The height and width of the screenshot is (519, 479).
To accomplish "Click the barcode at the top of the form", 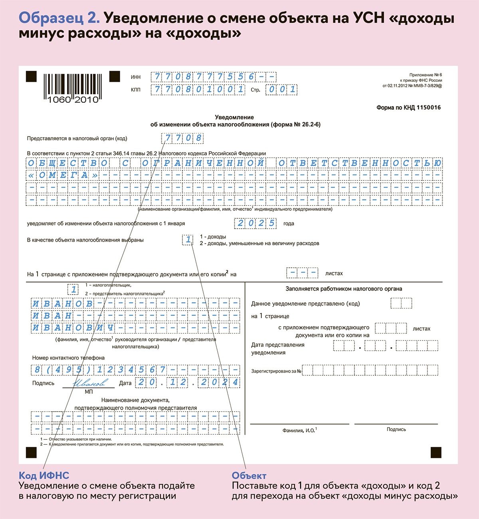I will pyautogui.click(x=72, y=88).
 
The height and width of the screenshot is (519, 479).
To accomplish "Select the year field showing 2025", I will pyautogui.click(x=255, y=223).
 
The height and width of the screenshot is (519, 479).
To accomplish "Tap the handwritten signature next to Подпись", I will pyautogui.click(x=90, y=382).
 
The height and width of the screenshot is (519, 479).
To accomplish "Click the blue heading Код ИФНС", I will pyautogui.click(x=44, y=475).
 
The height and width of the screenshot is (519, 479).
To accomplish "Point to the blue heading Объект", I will pyautogui.click(x=249, y=475).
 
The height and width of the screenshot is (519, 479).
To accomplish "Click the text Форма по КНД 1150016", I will pyautogui.click(x=408, y=107).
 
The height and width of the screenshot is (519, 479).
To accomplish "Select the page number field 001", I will pyautogui.click(x=282, y=89).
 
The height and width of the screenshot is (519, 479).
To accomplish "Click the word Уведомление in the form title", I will pyautogui.click(x=234, y=117).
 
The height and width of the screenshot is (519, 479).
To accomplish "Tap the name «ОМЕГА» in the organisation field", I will pyautogui.click(x=63, y=175).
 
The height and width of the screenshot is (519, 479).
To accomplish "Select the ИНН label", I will pyautogui.click(x=136, y=77).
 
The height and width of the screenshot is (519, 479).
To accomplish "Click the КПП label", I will pyautogui.click(x=136, y=90).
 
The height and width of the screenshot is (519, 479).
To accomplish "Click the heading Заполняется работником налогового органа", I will pyautogui.click(x=344, y=289).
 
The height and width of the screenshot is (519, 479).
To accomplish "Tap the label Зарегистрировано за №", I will pyautogui.click(x=276, y=371).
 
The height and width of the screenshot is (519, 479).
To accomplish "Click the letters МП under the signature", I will pyautogui.click(x=89, y=392).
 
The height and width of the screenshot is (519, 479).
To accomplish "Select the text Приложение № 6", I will pyautogui.click(x=426, y=75).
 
